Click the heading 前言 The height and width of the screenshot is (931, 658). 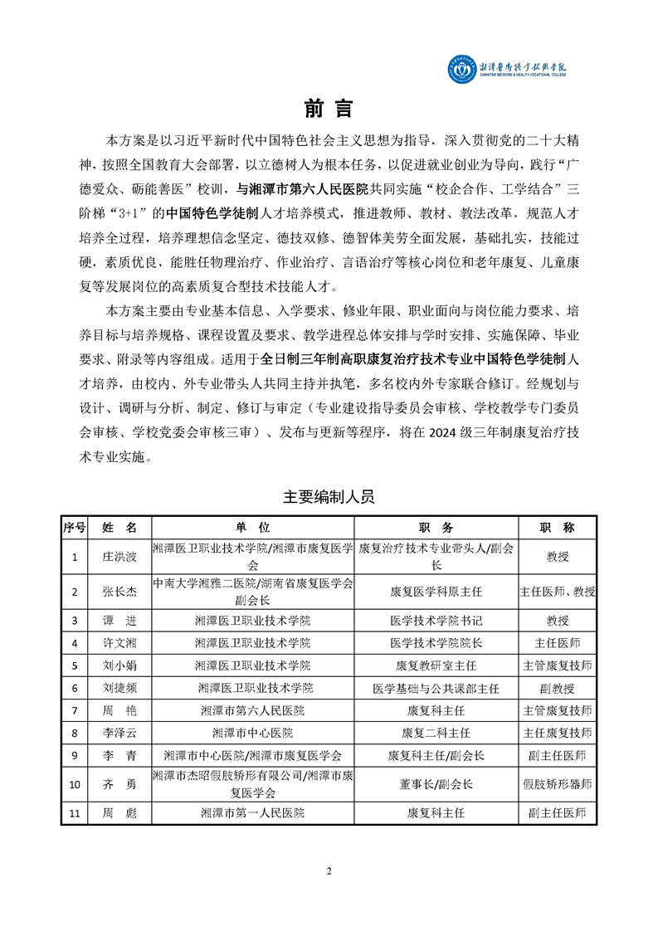[329, 109]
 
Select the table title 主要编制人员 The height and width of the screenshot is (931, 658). [329, 497]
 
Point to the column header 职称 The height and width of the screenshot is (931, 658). [557, 528]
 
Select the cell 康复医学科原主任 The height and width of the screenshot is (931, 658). [436, 592]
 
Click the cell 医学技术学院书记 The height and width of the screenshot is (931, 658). [436, 620]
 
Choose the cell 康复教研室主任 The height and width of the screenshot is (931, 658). [436, 665]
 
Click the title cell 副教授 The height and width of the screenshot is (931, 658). [557, 687]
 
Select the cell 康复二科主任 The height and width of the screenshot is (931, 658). [436, 733]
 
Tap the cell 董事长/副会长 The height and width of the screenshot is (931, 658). [436, 784]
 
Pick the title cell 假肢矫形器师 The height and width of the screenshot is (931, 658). [557, 784]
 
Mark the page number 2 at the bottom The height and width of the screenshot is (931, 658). [329, 870]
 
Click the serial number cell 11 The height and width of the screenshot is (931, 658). [75, 813]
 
